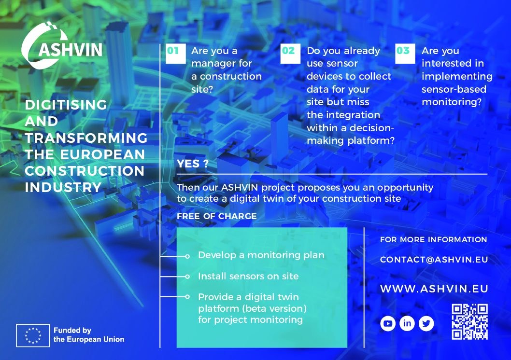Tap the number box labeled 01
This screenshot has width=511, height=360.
coord(176,54)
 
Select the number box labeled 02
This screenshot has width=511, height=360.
coord(290,54)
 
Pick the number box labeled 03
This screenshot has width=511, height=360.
coord(405,54)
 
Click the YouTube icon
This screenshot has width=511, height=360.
coord(388,323)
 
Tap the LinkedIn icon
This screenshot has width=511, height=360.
coord(407,323)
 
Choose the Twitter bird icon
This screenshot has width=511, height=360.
coord(426,323)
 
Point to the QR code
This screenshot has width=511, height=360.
coord(469,322)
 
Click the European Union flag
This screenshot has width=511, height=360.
coord(33,335)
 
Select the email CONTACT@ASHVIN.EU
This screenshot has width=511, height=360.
coord(434,260)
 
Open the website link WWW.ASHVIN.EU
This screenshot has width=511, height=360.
coord(434,289)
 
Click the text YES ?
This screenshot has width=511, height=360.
coord(193,164)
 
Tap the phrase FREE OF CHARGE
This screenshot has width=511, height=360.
coord(217,216)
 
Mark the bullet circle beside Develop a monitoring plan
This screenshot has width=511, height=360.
coord(187,256)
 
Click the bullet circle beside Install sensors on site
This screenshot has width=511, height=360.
coord(187,277)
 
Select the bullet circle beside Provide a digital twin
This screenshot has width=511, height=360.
coord(187,297)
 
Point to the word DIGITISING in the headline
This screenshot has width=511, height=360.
coord(66,105)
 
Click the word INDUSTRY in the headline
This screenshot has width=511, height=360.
coord(63,187)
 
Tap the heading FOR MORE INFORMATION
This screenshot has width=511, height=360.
coord(433,239)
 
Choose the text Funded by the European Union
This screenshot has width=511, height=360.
coord(89,335)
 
